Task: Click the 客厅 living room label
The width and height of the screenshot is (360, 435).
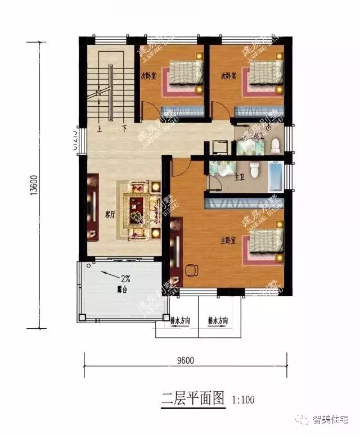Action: coord(110,214)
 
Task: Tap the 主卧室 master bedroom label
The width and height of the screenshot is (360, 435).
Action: coord(227,240)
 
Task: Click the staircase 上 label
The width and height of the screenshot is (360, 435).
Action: coord(99,128)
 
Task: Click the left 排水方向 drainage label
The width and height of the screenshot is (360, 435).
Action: coord(180,321)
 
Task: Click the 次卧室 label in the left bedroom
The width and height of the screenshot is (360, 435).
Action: coord(148,75)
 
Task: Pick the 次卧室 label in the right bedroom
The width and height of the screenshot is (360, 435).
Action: coord(227,75)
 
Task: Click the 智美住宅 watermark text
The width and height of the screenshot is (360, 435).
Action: coord(331,419)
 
